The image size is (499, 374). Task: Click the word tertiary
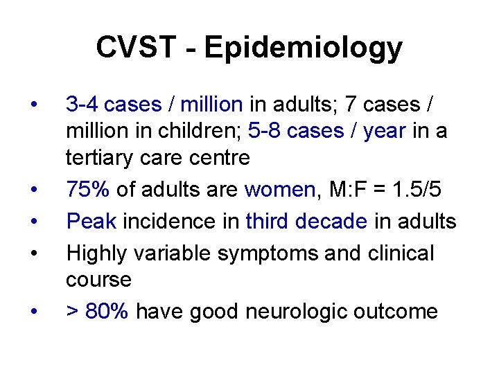tap(101, 158)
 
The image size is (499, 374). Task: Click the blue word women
tap(280, 190)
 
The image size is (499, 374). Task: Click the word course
tap(98, 280)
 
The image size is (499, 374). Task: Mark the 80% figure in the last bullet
tap(107, 312)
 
